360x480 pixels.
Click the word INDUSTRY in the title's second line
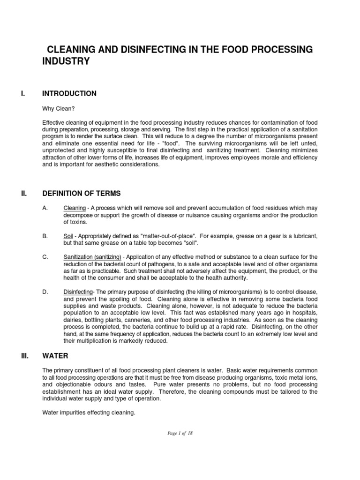(x=66, y=61)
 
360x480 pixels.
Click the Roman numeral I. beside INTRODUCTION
(x=23, y=94)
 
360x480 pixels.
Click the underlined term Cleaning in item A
(x=74, y=208)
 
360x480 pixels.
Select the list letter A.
(x=45, y=208)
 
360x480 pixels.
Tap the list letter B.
(x=45, y=236)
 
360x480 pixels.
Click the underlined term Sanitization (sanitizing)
(x=92, y=257)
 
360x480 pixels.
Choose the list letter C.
(x=45, y=257)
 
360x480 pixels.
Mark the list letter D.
(x=45, y=292)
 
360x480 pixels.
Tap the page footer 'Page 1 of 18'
(x=180, y=434)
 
